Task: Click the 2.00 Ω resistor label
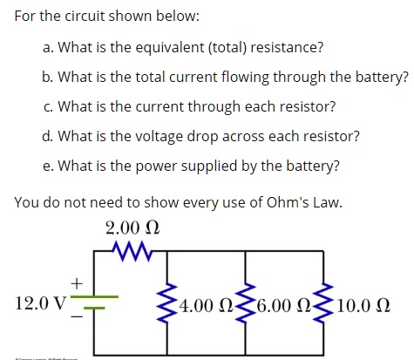132,230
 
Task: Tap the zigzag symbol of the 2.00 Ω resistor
132,253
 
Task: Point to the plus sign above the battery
77,283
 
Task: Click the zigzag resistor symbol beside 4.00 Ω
166,303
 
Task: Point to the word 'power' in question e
162,166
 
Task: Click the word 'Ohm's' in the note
274,202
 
